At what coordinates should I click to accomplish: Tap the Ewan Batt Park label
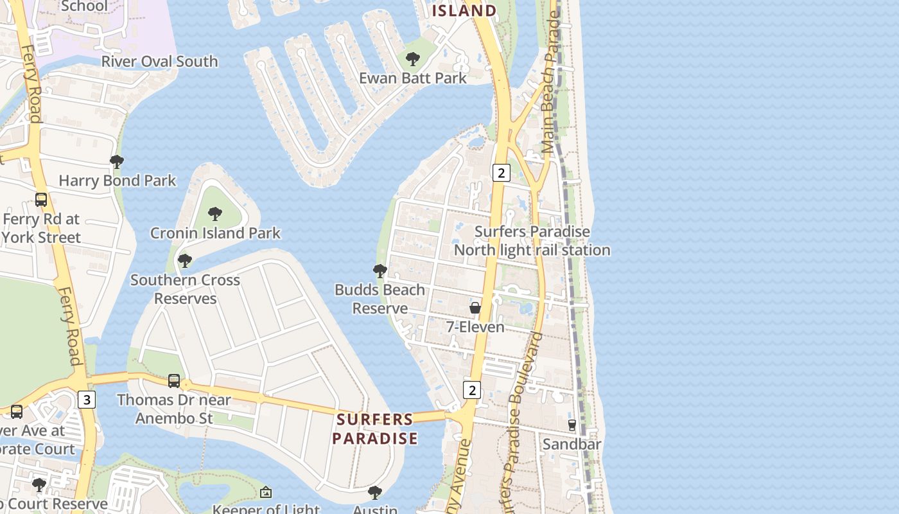[412, 78]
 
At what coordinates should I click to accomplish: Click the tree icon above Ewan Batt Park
[413, 60]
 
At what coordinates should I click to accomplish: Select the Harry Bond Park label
[117, 181]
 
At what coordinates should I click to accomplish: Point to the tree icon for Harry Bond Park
[117, 162]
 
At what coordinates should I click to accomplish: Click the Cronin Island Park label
[215, 233]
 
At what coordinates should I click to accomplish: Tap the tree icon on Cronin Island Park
[215, 214]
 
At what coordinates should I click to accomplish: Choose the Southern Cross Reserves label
[185, 289]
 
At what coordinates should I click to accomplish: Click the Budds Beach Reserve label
[380, 299]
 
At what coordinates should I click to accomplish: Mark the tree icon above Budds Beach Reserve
[380, 271]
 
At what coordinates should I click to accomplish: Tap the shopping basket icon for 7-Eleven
[475, 308]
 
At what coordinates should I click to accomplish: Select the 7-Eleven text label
[475, 327]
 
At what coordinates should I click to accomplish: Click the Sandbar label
[572, 444]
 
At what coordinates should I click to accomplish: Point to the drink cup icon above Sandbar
[572, 425]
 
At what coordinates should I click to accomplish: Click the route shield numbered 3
[87, 400]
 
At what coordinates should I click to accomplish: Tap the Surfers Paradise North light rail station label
[532, 241]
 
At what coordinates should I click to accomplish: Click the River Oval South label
[160, 62]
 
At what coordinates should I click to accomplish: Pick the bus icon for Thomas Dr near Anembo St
[174, 381]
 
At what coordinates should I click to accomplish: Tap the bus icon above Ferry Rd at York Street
[41, 200]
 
